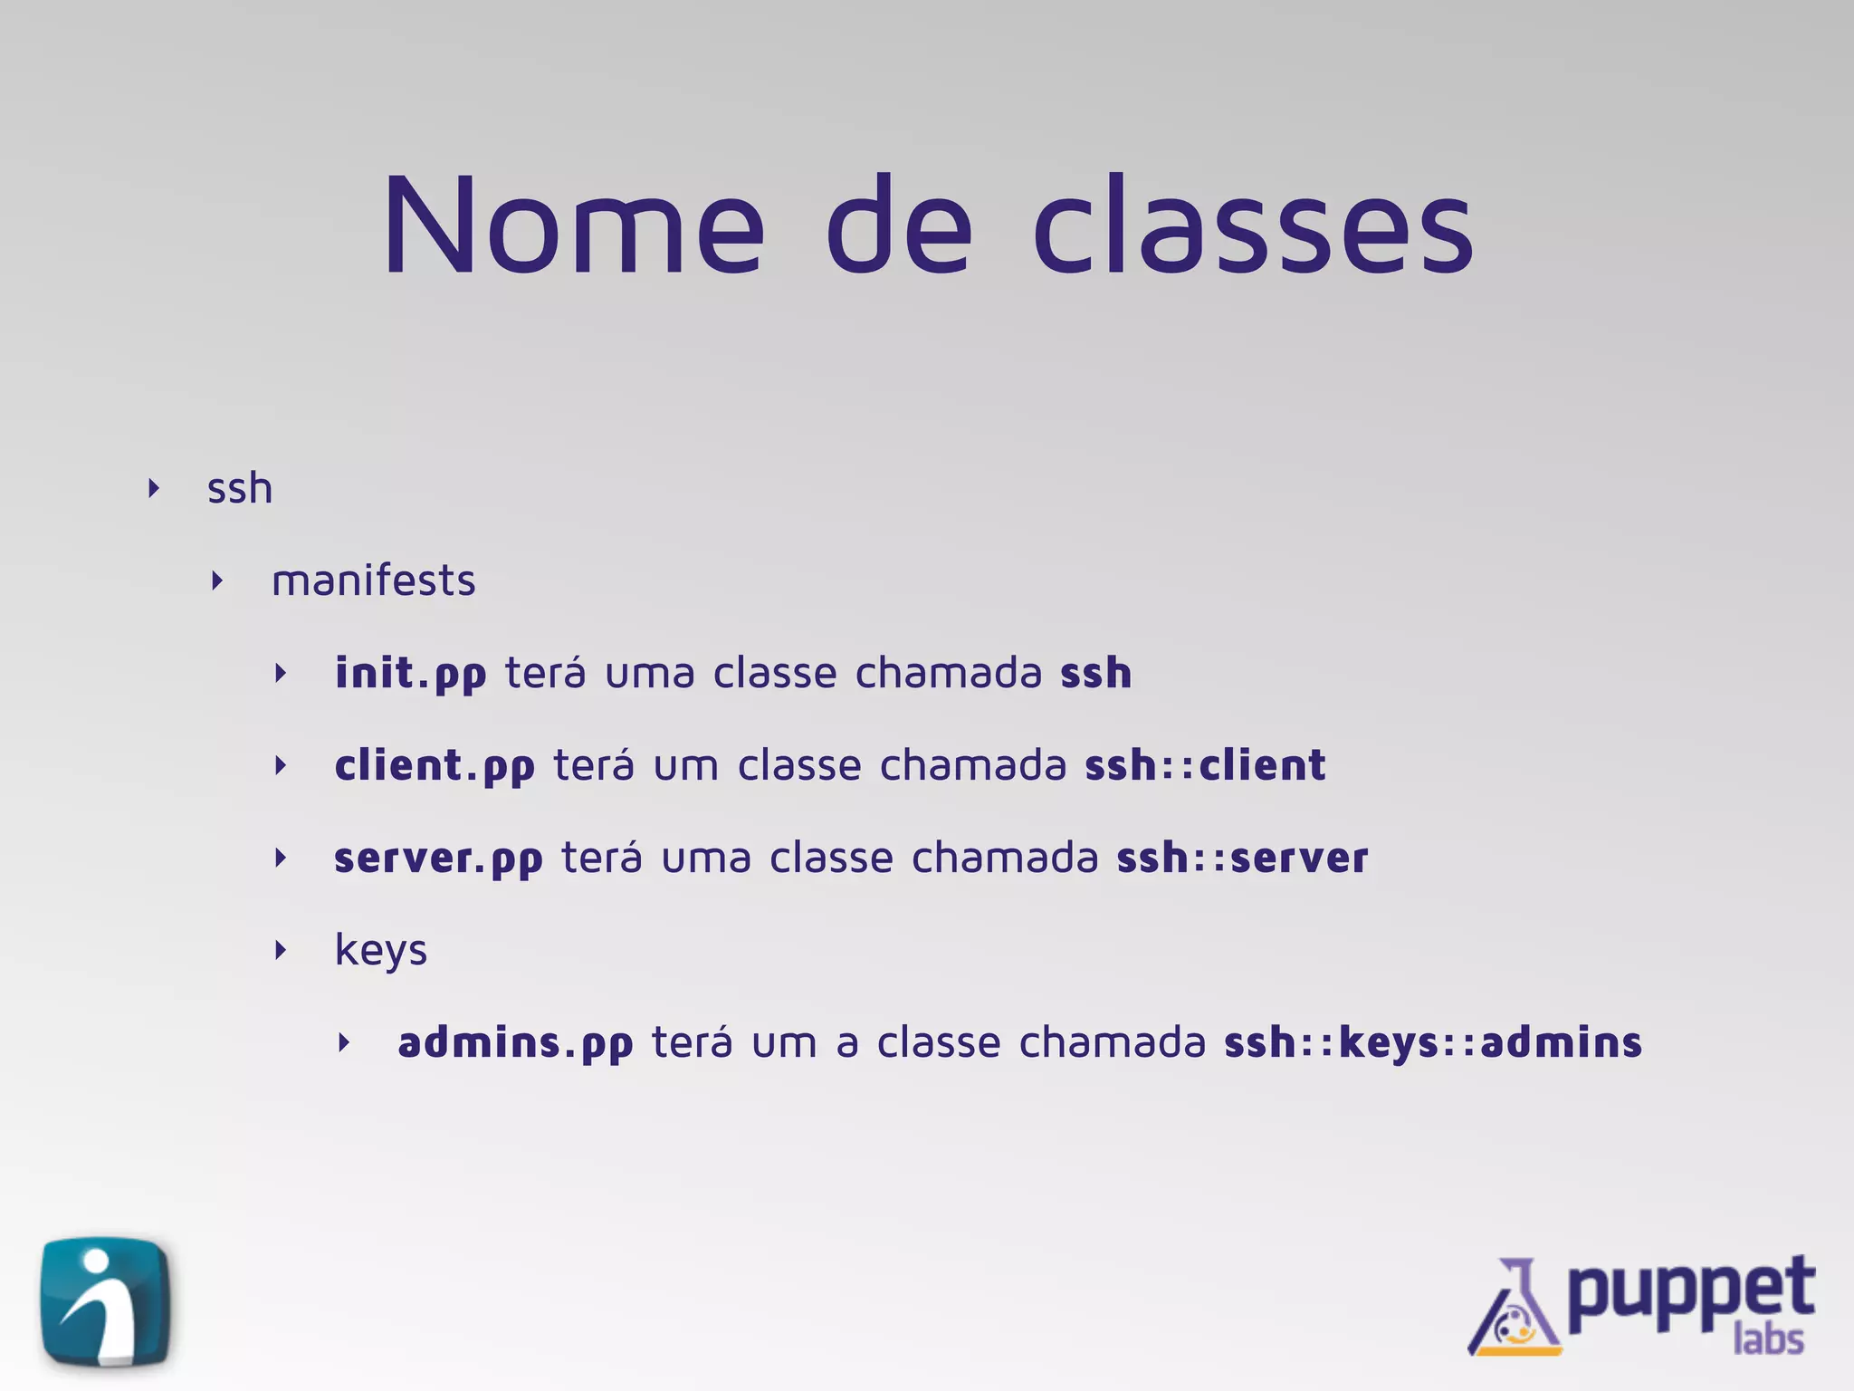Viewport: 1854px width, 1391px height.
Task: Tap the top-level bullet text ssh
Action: tap(240, 488)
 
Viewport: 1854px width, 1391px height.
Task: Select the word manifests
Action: tap(373, 580)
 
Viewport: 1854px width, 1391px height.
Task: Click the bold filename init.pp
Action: tap(410, 674)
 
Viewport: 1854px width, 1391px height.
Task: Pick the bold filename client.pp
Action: tap(435, 766)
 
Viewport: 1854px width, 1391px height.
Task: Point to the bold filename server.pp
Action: tap(438, 859)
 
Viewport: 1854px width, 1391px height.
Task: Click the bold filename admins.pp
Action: tap(515, 1043)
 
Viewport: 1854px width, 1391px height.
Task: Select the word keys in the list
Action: tap(380, 951)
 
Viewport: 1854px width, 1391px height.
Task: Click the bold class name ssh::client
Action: tap(1205, 765)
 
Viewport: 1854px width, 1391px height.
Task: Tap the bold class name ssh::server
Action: tap(1242, 858)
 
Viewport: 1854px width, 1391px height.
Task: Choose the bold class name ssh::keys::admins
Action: tap(1433, 1042)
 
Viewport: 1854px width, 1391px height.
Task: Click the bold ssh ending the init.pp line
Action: tap(1095, 673)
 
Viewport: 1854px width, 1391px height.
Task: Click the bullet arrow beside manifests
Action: tap(217, 580)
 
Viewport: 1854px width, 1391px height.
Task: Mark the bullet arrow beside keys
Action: tap(281, 950)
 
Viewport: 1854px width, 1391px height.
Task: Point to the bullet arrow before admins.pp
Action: tap(344, 1042)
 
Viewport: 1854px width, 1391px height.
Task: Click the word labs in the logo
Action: tap(1768, 1338)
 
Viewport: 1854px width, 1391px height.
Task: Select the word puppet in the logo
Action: tap(1690, 1290)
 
